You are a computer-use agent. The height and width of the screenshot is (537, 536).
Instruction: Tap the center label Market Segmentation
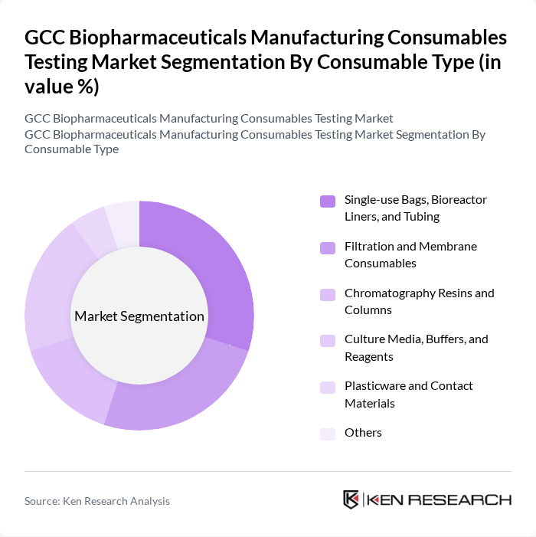coord(139,316)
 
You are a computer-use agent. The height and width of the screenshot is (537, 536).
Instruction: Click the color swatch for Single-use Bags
coord(327,201)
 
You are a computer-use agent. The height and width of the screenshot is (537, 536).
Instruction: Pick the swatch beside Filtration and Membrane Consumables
coord(327,247)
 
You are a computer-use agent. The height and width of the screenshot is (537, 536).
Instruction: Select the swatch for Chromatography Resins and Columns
coord(327,294)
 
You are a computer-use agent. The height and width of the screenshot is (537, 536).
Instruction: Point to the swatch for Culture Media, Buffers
coord(327,340)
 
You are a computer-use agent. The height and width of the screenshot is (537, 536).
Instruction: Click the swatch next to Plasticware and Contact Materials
coord(327,387)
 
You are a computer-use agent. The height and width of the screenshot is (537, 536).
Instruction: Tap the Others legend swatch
coord(327,434)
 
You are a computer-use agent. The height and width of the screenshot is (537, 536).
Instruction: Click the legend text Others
coord(363,433)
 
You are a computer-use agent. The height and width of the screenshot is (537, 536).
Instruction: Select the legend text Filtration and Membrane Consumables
coord(410,254)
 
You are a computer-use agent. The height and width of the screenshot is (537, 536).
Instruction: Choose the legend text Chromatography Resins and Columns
coord(419,301)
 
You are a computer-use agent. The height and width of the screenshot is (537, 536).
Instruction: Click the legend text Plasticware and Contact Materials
coord(408,394)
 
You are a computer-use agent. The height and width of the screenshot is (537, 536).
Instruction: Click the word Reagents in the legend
coord(368,357)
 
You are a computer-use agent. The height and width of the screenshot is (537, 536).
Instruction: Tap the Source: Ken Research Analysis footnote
coord(97,501)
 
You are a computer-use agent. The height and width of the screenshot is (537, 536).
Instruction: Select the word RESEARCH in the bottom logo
coord(459,500)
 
